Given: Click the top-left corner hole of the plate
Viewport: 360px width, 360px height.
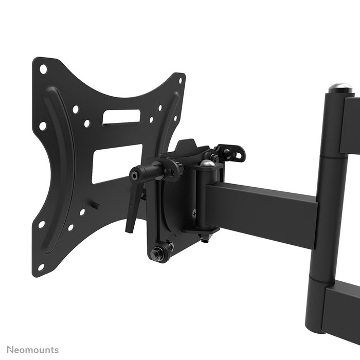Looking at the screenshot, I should tap(43, 68).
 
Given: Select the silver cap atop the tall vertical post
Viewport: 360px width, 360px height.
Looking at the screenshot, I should tap(340, 87).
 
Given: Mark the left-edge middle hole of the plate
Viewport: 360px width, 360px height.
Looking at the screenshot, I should tap(43, 125).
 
